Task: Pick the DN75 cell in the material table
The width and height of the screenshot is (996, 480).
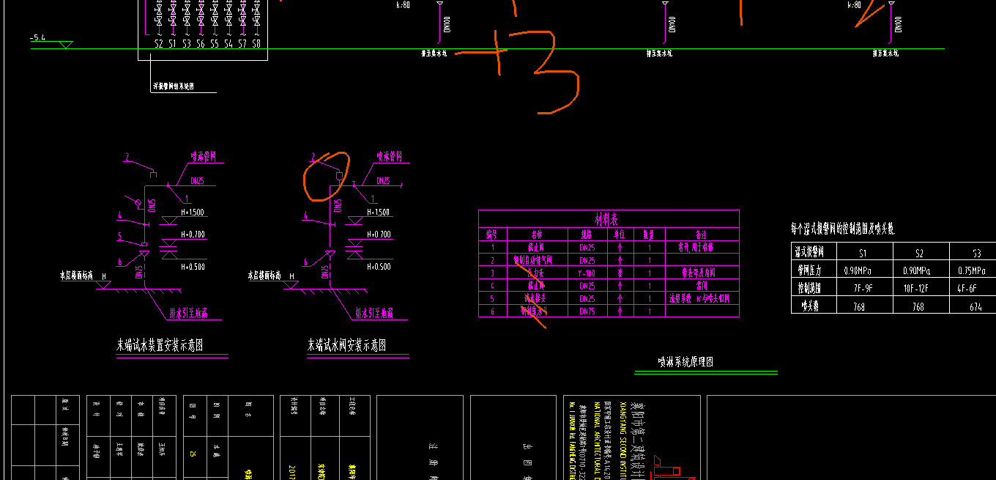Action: [587, 311]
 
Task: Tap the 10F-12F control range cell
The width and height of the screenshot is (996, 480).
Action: [920, 289]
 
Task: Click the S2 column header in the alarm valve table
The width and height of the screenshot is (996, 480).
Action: [920, 253]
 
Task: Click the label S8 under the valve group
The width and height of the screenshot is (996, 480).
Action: [256, 44]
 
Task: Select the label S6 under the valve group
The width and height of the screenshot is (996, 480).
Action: [201, 44]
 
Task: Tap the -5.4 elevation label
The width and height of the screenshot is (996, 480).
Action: [38, 37]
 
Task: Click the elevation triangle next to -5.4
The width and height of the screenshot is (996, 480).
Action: [66, 45]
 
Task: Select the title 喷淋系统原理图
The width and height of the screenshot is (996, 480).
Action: [685, 362]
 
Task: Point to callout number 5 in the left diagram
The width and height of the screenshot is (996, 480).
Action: [119, 236]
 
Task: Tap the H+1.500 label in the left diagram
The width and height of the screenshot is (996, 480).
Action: [192, 213]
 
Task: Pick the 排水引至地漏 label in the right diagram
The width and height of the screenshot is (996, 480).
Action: [373, 313]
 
